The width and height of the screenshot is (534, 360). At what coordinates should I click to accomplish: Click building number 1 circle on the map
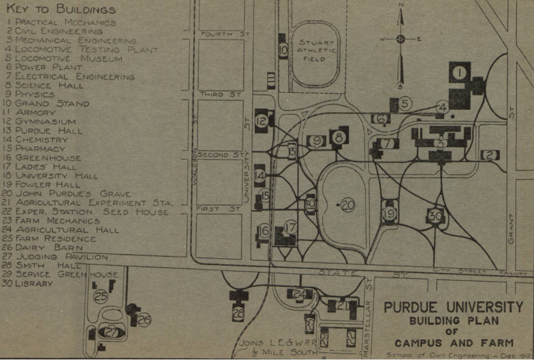point(459,73)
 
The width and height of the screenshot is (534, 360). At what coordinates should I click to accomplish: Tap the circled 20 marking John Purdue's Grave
point(348,204)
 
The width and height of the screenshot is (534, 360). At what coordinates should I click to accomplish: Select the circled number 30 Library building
point(435,215)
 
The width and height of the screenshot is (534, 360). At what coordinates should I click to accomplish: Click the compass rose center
point(400,39)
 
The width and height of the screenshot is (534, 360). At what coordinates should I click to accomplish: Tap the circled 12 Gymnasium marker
point(262,121)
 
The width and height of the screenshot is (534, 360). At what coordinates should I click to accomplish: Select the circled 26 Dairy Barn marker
point(144,319)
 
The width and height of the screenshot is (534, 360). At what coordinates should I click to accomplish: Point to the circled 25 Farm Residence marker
point(101,297)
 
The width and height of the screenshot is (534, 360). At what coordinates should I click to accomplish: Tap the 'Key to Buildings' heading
point(61,10)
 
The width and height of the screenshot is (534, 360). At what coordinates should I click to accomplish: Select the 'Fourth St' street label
point(224,34)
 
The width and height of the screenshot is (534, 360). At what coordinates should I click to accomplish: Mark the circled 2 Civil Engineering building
point(489,155)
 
